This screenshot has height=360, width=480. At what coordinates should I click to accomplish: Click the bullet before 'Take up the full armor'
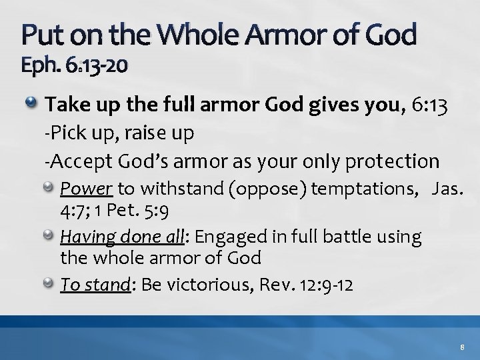pyautogui.click(x=31, y=104)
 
